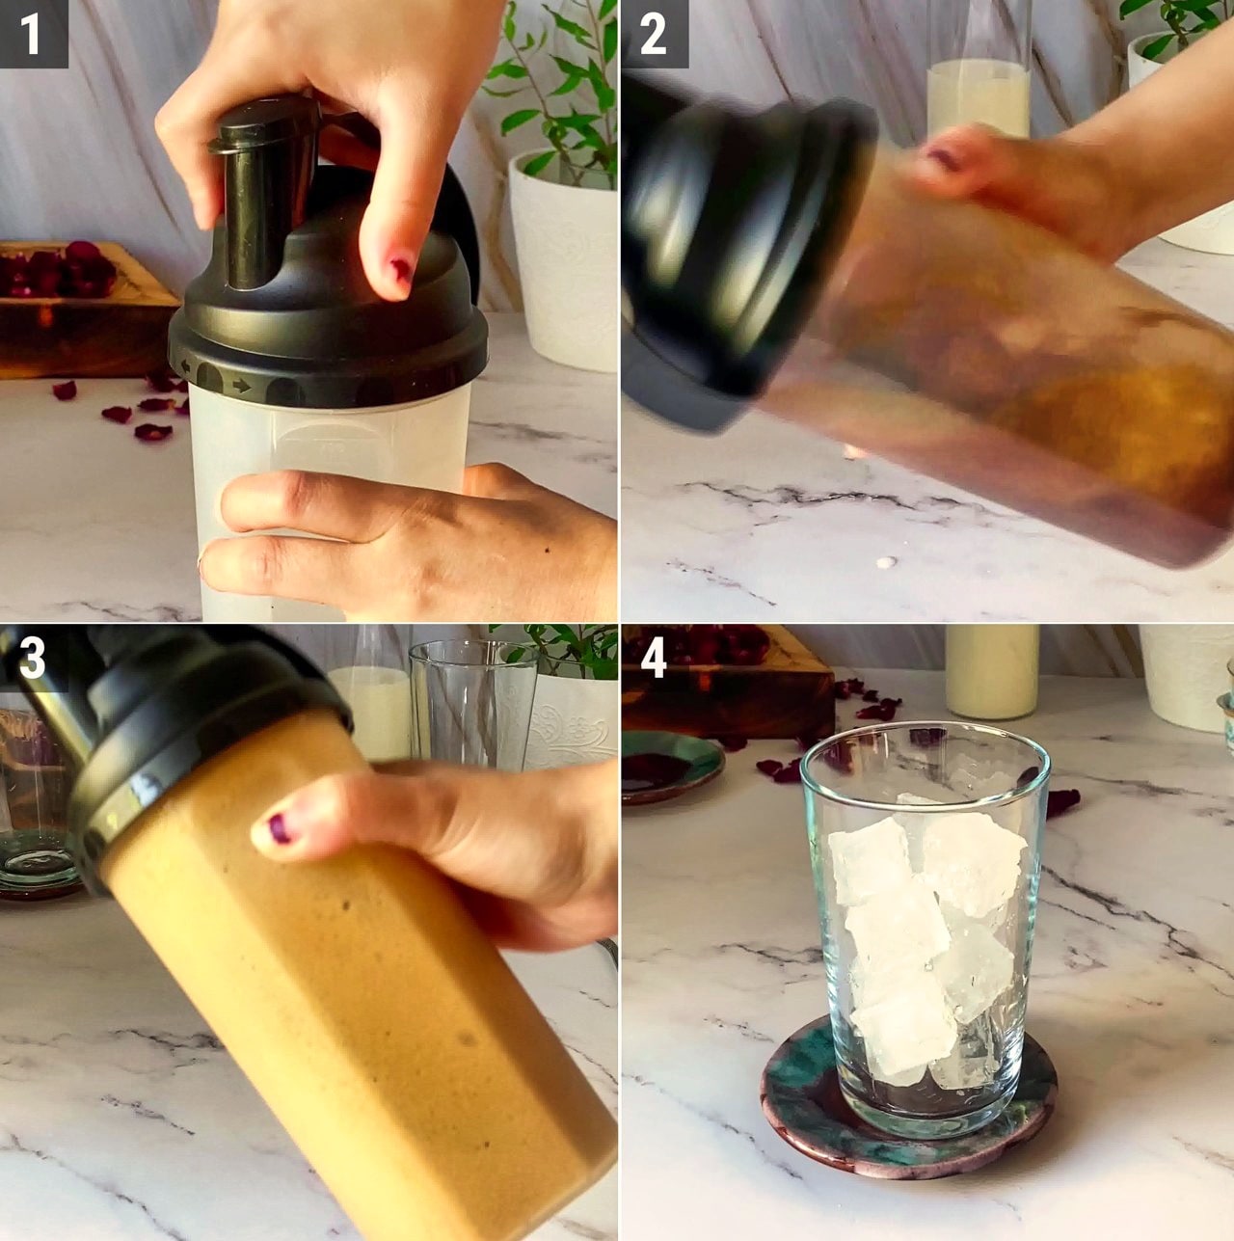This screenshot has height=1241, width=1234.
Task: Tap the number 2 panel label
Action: (x=653, y=35)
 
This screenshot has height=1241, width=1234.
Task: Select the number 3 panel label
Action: (x=32, y=658)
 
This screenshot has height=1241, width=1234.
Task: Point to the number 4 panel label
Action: (x=653, y=658)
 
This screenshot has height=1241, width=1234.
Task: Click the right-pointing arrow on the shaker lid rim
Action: (x=242, y=385)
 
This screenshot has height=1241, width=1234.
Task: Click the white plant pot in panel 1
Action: (x=564, y=257)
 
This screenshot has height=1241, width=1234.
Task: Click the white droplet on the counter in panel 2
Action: (x=889, y=561)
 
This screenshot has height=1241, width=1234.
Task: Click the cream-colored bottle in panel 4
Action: (x=991, y=673)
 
